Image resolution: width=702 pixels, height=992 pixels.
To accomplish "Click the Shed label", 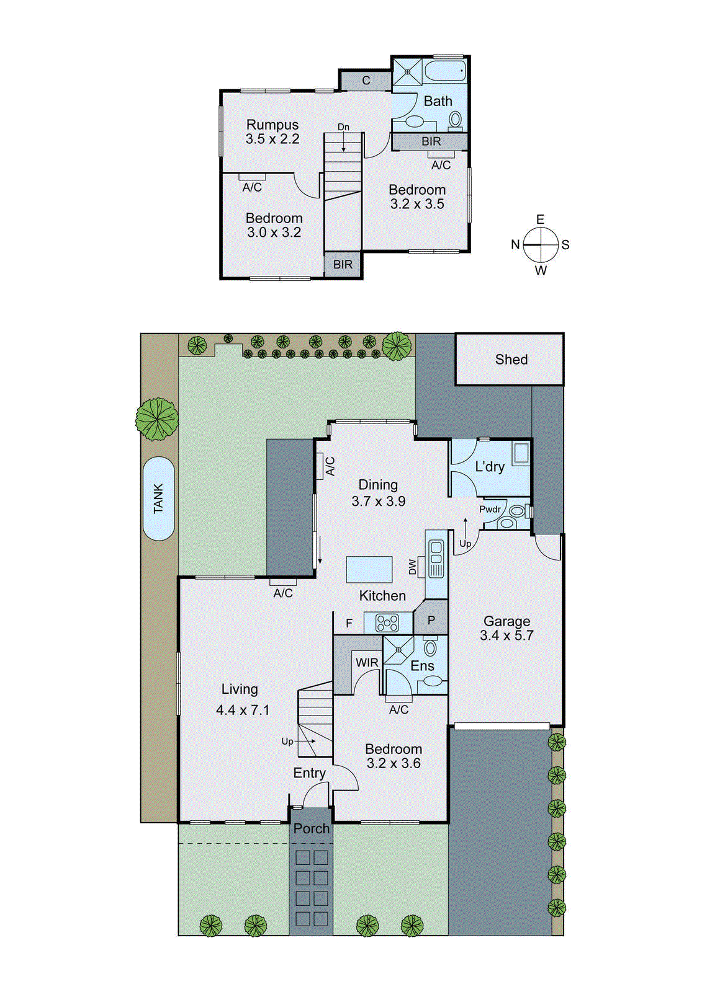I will pyautogui.click(x=511, y=360).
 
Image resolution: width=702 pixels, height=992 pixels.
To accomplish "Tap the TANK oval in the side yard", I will pyautogui.click(x=158, y=498).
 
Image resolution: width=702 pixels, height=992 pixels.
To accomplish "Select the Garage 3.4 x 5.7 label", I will pyautogui.click(x=506, y=628).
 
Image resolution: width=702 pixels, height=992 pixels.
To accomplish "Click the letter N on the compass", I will pyautogui.click(x=515, y=245).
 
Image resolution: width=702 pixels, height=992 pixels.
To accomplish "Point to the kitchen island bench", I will pyautogui.click(x=369, y=569).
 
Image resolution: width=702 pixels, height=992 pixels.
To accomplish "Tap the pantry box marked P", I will pyautogui.click(x=431, y=620).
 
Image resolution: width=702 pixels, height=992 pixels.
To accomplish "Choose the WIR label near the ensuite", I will pyautogui.click(x=367, y=663).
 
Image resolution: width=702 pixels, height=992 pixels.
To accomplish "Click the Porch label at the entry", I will pyautogui.click(x=312, y=829).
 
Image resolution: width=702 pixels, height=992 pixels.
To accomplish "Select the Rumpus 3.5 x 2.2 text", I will pyautogui.click(x=272, y=132).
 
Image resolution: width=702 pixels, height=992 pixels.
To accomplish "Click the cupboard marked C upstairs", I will pyautogui.click(x=366, y=81).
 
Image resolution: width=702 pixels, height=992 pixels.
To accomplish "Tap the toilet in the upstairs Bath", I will pyautogui.click(x=456, y=120).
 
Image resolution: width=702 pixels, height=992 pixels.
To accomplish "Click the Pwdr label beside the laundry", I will pyautogui.click(x=490, y=509).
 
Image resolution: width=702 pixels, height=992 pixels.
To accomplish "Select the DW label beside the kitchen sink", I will pyautogui.click(x=413, y=567).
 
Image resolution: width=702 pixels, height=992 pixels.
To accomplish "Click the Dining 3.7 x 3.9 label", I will pyautogui.click(x=378, y=493).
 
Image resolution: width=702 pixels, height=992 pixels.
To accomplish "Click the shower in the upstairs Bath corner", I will pyautogui.click(x=407, y=72).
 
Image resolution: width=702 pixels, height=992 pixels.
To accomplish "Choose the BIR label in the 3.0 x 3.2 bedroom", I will pyautogui.click(x=343, y=265).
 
